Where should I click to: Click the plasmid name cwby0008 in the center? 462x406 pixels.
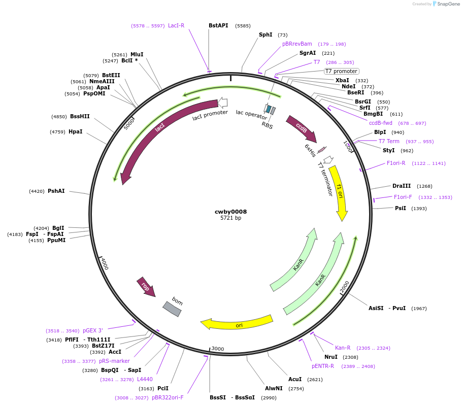[230, 212]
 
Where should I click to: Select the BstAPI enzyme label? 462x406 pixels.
[218, 25]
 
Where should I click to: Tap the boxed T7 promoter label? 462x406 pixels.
[341, 71]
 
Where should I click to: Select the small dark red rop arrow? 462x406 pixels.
[146, 287]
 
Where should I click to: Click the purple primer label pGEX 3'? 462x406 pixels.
[92, 330]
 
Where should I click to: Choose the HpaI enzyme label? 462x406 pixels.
[75, 132]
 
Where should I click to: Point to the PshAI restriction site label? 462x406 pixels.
[56, 191]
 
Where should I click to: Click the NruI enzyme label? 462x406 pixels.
[331, 357]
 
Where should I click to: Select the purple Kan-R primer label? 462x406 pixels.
[343, 348]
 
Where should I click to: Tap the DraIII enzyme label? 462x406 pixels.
[402, 186]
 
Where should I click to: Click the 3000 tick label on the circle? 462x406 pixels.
[218, 349]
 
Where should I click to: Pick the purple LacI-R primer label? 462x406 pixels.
[176, 25]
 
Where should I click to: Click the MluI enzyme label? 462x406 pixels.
[137, 54]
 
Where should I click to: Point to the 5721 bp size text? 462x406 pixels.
[230, 218]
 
